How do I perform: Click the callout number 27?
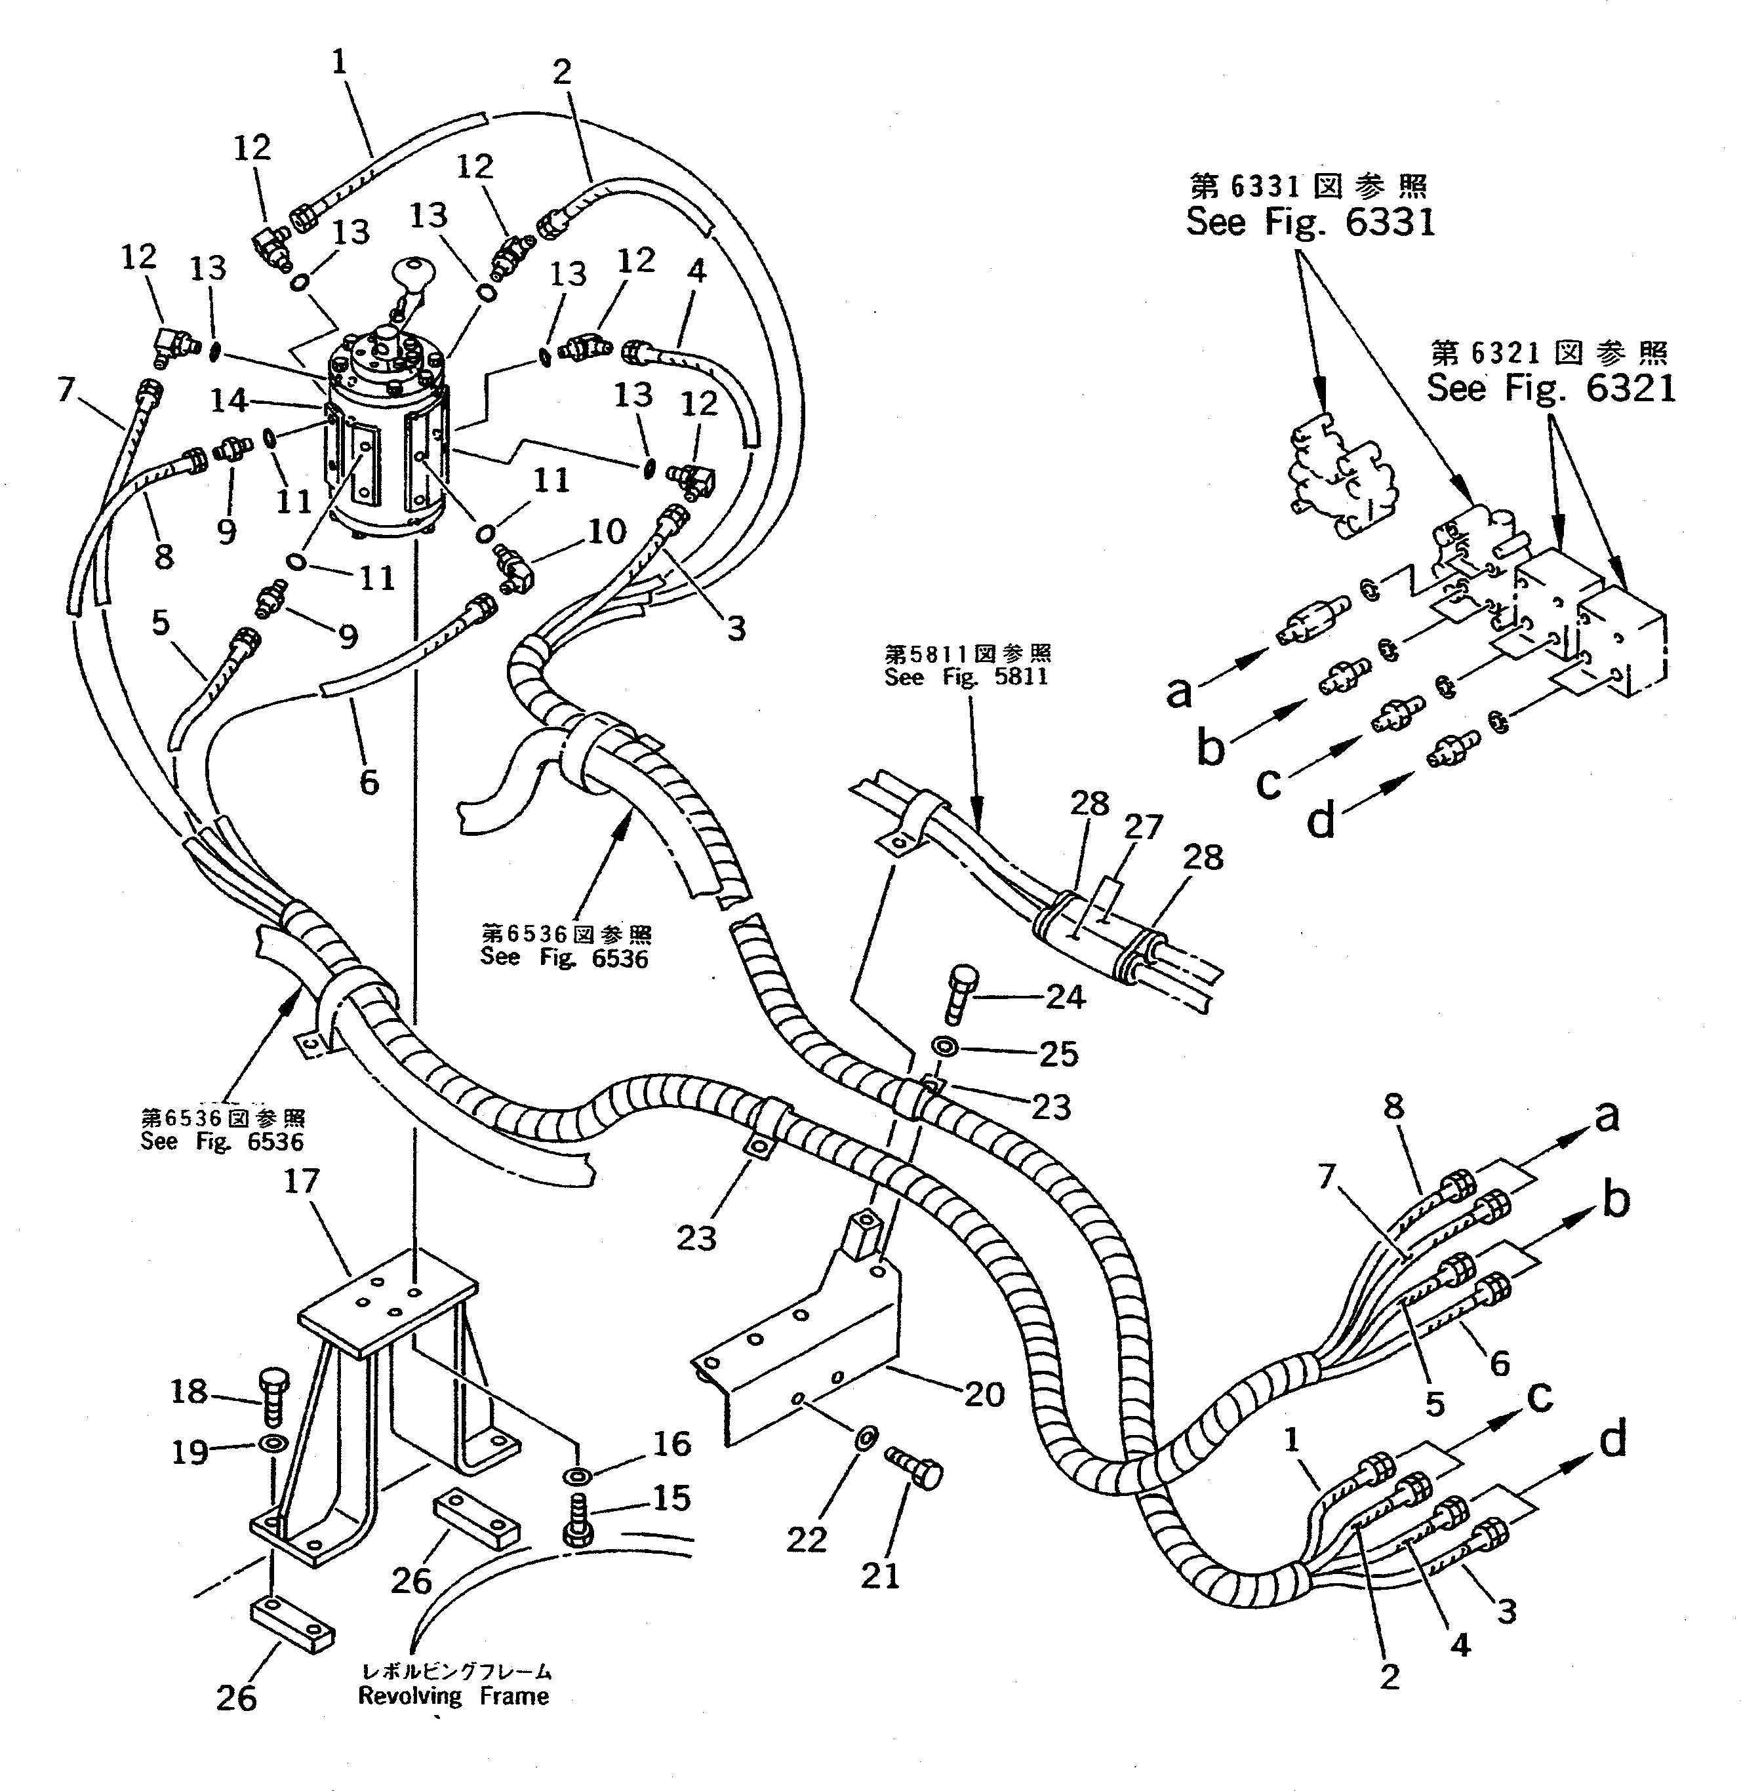pos(1142,827)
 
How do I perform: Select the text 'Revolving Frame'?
pos(454,1696)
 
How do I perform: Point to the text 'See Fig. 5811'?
pos(966,677)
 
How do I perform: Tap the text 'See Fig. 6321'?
pos(1551,389)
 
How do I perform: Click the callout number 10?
pos(607,531)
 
